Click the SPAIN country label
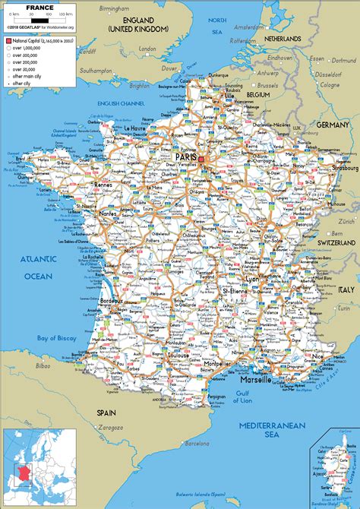click(x=106, y=413)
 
